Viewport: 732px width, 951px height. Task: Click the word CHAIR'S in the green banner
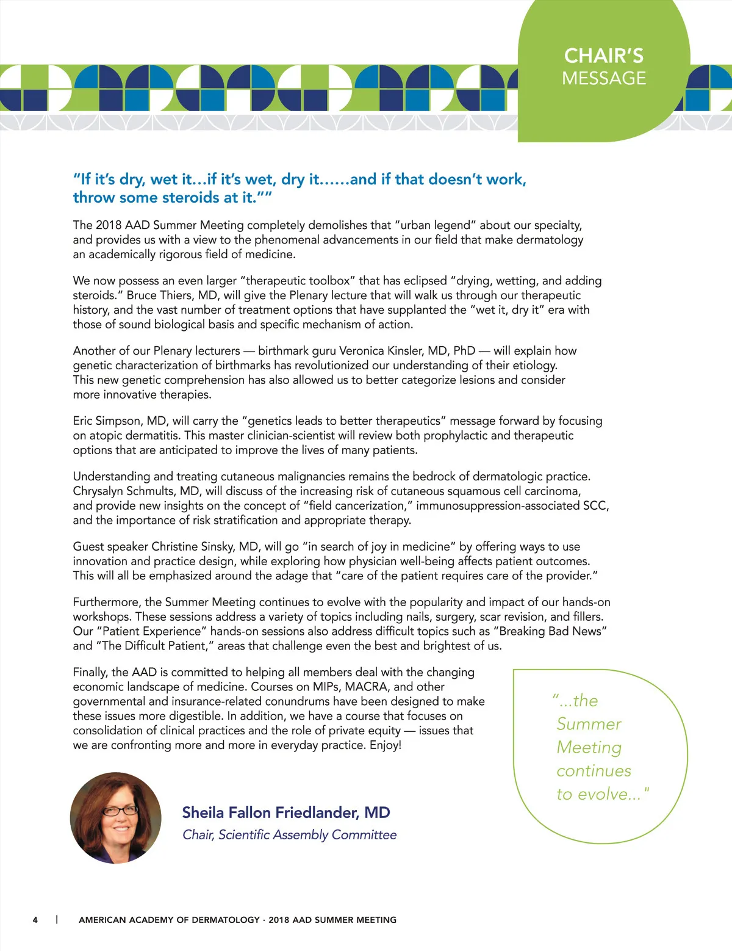pyautogui.click(x=603, y=56)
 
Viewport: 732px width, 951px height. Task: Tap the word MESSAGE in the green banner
pyautogui.click(x=603, y=78)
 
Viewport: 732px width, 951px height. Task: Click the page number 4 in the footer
pyautogui.click(x=35, y=920)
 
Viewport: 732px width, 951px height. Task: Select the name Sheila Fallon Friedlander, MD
pyautogui.click(x=285, y=812)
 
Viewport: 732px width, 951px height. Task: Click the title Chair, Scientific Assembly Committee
pyautogui.click(x=289, y=834)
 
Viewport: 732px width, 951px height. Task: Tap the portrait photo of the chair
pyautogui.click(x=116, y=817)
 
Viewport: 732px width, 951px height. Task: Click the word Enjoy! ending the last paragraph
pyautogui.click(x=385, y=745)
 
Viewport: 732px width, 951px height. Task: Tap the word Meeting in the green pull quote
pyautogui.click(x=589, y=747)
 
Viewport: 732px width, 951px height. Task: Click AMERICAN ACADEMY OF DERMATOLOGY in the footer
pyautogui.click(x=169, y=920)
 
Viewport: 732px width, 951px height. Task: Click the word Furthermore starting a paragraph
pyautogui.click(x=107, y=602)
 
